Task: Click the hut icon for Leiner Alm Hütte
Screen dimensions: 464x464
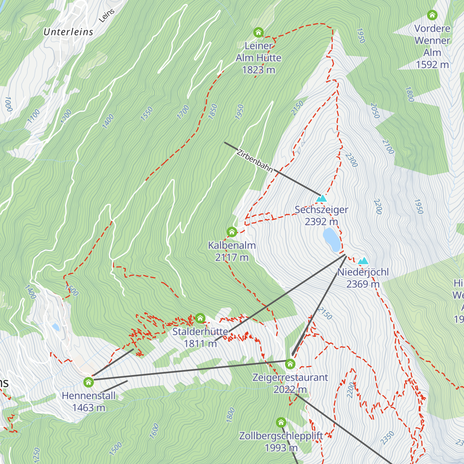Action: [258, 32]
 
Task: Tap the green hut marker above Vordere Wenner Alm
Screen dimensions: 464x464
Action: [432, 15]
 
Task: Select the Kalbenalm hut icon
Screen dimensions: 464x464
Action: [232, 232]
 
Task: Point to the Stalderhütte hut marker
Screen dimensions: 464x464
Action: [200, 318]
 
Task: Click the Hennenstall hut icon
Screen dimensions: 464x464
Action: [89, 382]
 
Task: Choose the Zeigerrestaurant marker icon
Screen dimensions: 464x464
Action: [290, 364]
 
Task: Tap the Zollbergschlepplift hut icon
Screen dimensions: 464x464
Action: [281, 422]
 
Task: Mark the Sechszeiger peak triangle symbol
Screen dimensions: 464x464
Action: [321, 199]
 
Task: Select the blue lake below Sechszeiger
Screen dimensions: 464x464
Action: [332, 240]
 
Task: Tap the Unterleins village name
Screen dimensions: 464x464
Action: [68, 32]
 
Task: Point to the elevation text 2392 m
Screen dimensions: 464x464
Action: [321, 222]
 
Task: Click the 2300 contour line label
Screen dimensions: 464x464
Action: [351, 160]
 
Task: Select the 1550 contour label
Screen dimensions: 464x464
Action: [147, 114]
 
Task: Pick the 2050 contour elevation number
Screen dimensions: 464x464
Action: [375, 111]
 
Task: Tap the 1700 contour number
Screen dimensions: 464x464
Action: [183, 112]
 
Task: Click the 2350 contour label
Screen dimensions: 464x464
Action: [387, 438]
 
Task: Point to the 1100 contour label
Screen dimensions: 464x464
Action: [34, 116]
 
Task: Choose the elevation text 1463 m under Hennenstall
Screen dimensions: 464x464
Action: [89, 408]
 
